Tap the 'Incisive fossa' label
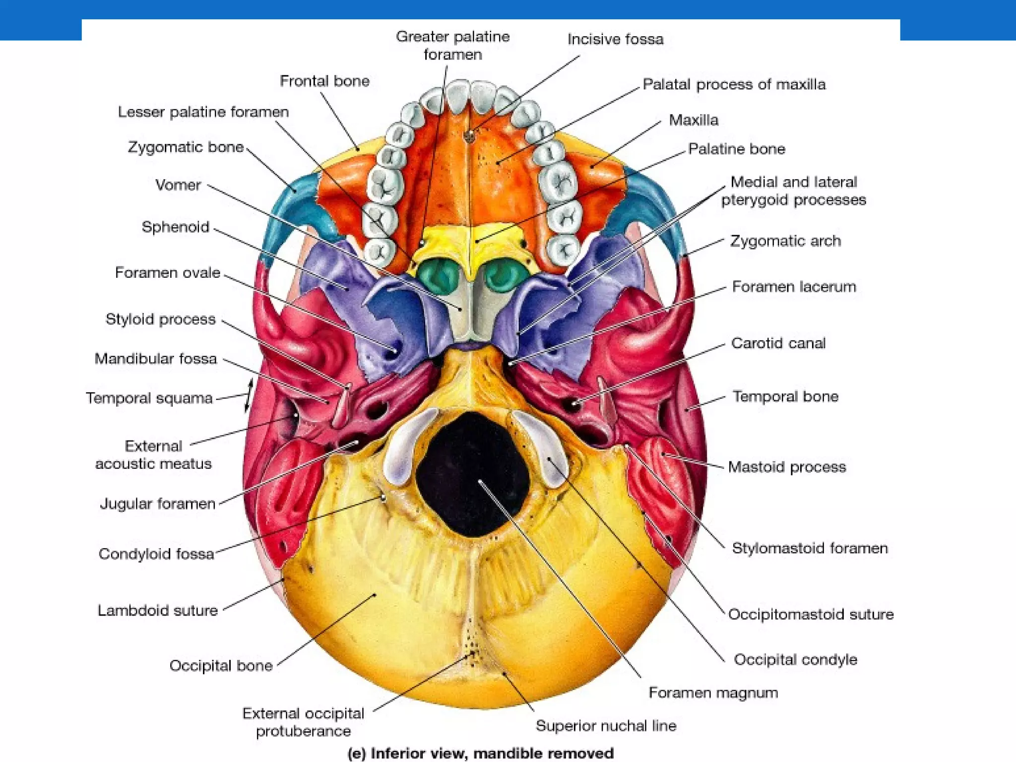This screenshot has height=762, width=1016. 615,39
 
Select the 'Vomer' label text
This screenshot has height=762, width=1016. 178,185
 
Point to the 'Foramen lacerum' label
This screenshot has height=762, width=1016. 794,287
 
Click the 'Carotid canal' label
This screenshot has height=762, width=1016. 778,343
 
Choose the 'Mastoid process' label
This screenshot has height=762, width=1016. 787,467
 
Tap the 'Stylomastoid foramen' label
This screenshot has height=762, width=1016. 810,548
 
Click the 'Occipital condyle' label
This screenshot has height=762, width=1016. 795,659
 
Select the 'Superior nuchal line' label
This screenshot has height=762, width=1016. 606,726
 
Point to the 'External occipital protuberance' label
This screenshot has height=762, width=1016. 303,722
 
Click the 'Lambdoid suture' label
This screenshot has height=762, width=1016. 157,610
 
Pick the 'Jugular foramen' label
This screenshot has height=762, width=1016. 158,504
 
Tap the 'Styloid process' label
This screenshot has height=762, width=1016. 160,319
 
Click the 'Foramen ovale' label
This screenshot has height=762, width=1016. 167,272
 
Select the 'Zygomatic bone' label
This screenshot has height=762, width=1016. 186,147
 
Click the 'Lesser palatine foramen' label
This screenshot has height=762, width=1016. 203,112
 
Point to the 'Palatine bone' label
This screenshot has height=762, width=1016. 736,149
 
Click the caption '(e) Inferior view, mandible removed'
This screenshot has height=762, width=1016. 480,753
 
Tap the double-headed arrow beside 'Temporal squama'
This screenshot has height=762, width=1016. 249,395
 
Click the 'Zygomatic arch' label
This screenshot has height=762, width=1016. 785,241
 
